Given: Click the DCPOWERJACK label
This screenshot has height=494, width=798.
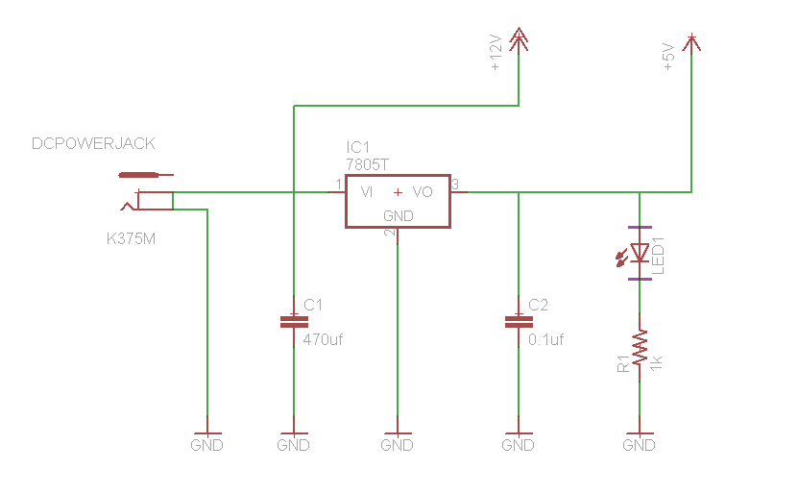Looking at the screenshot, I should click(93, 144).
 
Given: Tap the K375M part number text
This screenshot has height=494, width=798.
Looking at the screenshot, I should click(131, 237).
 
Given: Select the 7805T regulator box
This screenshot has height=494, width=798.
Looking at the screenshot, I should click(398, 201).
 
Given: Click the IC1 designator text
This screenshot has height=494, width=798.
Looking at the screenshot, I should click(357, 147).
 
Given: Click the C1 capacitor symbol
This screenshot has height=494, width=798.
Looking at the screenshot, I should click(294, 321).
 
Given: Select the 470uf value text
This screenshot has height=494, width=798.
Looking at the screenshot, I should click(323, 338).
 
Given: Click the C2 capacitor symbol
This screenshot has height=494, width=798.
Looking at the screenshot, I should click(519, 321).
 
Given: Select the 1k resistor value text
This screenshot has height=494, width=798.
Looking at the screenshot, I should click(657, 362).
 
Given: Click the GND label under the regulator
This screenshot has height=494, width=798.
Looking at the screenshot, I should click(397, 446).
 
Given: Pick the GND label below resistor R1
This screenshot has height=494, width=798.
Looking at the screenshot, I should click(639, 446).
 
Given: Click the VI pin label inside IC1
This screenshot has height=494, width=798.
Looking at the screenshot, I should click(367, 192).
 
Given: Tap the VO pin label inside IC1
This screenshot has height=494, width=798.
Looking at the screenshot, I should click(423, 192).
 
